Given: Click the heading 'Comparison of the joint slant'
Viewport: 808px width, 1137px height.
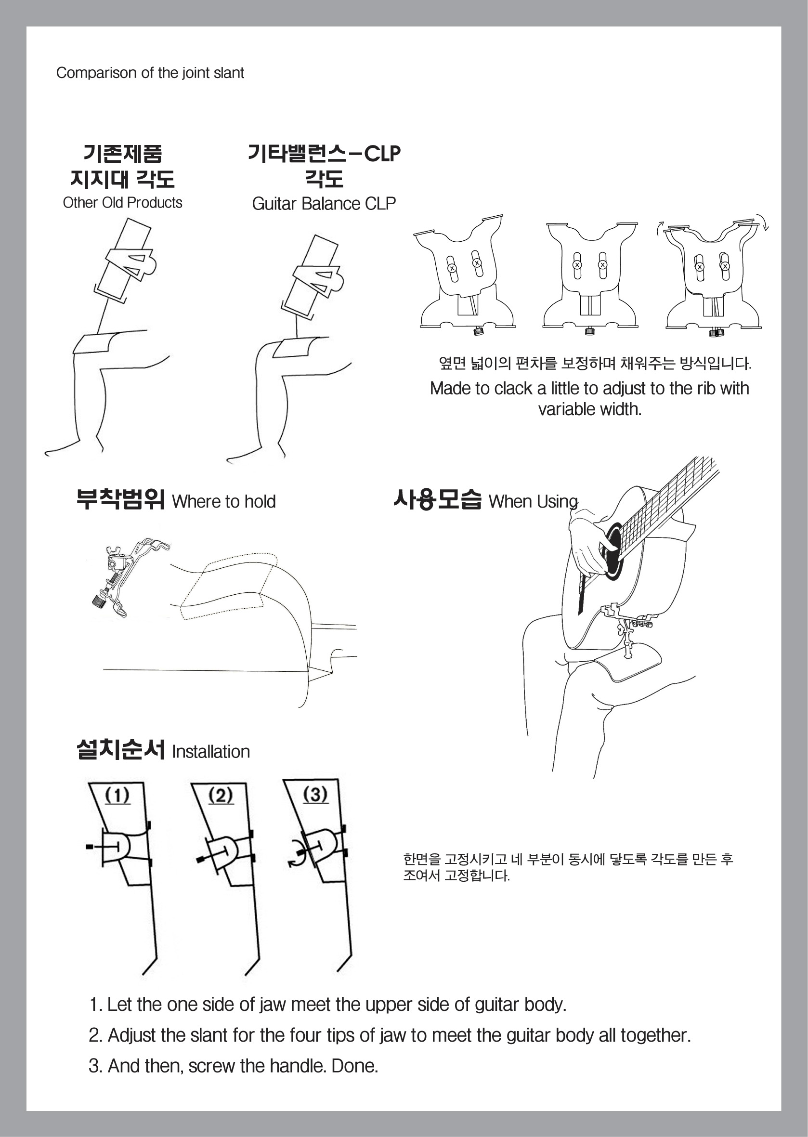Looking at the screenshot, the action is coord(150,73).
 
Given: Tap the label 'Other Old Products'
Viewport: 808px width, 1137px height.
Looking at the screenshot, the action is coord(122,203).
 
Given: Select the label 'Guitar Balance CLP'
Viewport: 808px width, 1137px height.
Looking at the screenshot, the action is coord(324,204).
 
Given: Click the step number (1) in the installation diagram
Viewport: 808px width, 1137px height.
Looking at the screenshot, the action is coord(117,796).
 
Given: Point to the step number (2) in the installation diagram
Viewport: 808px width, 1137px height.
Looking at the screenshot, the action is coord(221,796).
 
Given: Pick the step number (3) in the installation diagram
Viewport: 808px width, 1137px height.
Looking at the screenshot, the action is coord(315,794).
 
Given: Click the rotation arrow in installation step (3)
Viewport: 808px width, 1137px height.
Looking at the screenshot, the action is coord(297,855).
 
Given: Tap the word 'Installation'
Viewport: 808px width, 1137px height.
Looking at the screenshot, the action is coord(210,752).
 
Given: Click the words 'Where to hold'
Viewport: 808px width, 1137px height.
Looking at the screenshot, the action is coord(223,502).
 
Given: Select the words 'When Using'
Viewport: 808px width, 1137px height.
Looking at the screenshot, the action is coord(533,502).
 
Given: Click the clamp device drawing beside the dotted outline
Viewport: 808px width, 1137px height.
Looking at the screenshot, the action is coord(130,577).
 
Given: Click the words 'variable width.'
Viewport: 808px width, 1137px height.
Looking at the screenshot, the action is coord(589,409).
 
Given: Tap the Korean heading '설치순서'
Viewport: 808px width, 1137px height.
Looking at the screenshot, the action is coord(121,749).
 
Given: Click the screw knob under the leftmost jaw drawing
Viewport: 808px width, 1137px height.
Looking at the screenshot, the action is coord(479,331).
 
